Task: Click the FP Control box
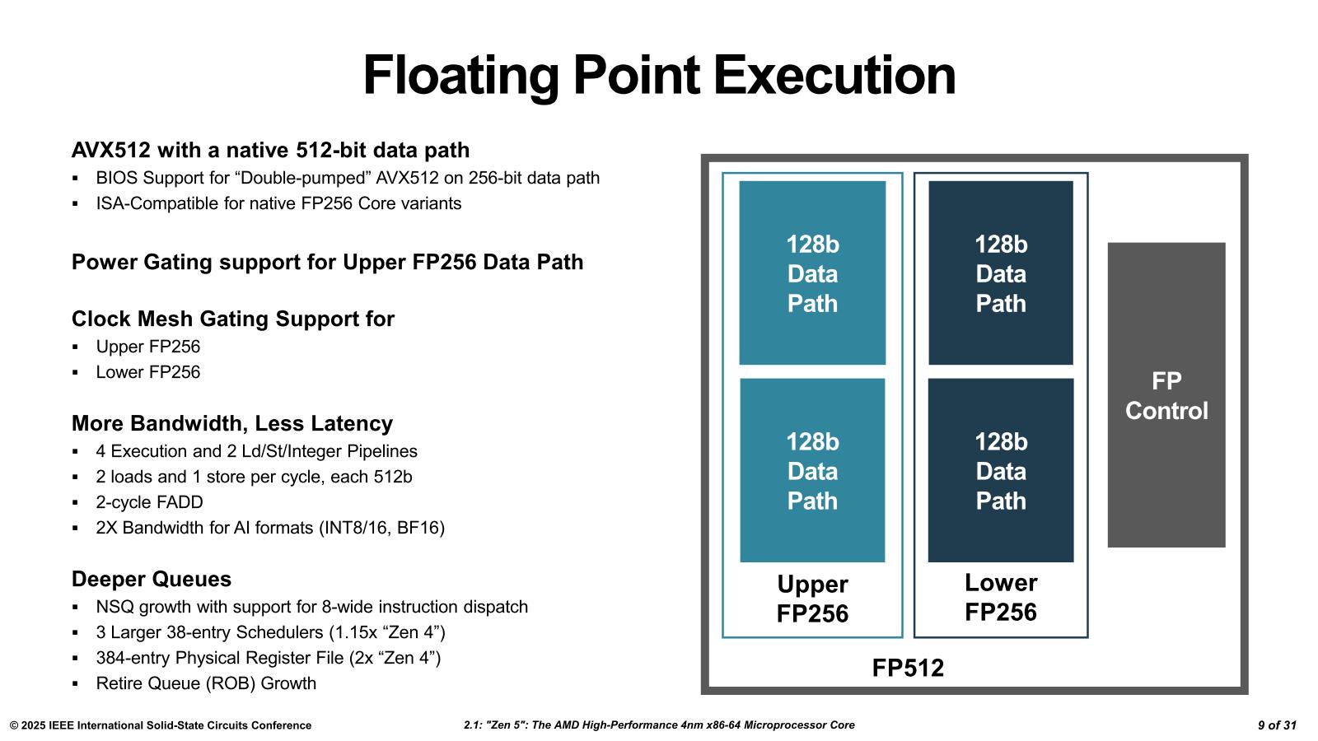(1166, 394)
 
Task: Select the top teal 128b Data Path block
(812, 273)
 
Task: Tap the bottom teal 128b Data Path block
(812, 470)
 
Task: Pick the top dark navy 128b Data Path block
(1000, 273)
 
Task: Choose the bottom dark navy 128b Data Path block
(1000, 470)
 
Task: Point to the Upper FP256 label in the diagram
(812, 599)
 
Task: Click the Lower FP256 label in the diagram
(1000, 597)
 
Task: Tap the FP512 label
(908, 668)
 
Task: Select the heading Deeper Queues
(152, 580)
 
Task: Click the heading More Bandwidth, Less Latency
(231, 423)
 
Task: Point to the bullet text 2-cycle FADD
(149, 502)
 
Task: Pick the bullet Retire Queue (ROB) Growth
(206, 683)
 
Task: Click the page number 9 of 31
(1277, 725)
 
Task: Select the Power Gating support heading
(327, 263)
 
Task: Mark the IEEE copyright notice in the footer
(161, 725)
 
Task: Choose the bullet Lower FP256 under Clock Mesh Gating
(147, 372)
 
